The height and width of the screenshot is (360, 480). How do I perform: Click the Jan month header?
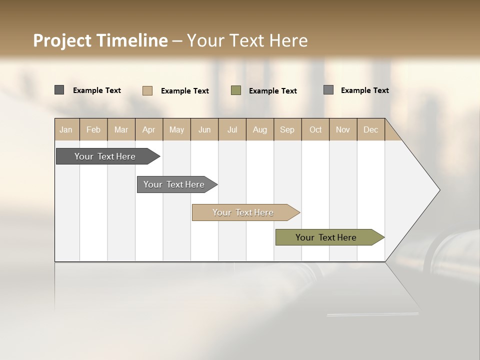pyautogui.click(x=66, y=129)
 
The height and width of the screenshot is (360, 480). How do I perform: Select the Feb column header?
pyautogui.click(x=93, y=129)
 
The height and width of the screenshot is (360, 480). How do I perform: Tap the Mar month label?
pyautogui.click(x=121, y=129)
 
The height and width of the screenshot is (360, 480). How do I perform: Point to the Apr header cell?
pyautogui.click(x=149, y=129)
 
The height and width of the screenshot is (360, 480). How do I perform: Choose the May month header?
pyautogui.click(x=176, y=129)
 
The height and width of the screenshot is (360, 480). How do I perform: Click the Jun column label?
pyautogui.click(x=204, y=129)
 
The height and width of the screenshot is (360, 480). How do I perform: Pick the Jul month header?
pyautogui.click(x=232, y=129)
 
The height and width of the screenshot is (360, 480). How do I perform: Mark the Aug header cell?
pyautogui.click(x=260, y=129)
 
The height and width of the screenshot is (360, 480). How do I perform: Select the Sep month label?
pyautogui.click(x=287, y=129)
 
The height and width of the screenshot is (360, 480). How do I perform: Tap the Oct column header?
pyautogui.click(x=315, y=129)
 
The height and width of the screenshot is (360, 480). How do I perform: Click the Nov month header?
pyautogui.click(x=343, y=129)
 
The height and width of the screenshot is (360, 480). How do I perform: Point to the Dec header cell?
pyautogui.click(x=371, y=129)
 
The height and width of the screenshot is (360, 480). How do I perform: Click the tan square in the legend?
pyautogui.click(x=147, y=90)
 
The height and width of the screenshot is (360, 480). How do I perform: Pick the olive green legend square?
pyautogui.click(x=236, y=90)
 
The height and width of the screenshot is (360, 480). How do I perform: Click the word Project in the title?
pyautogui.click(x=62, y=40)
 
